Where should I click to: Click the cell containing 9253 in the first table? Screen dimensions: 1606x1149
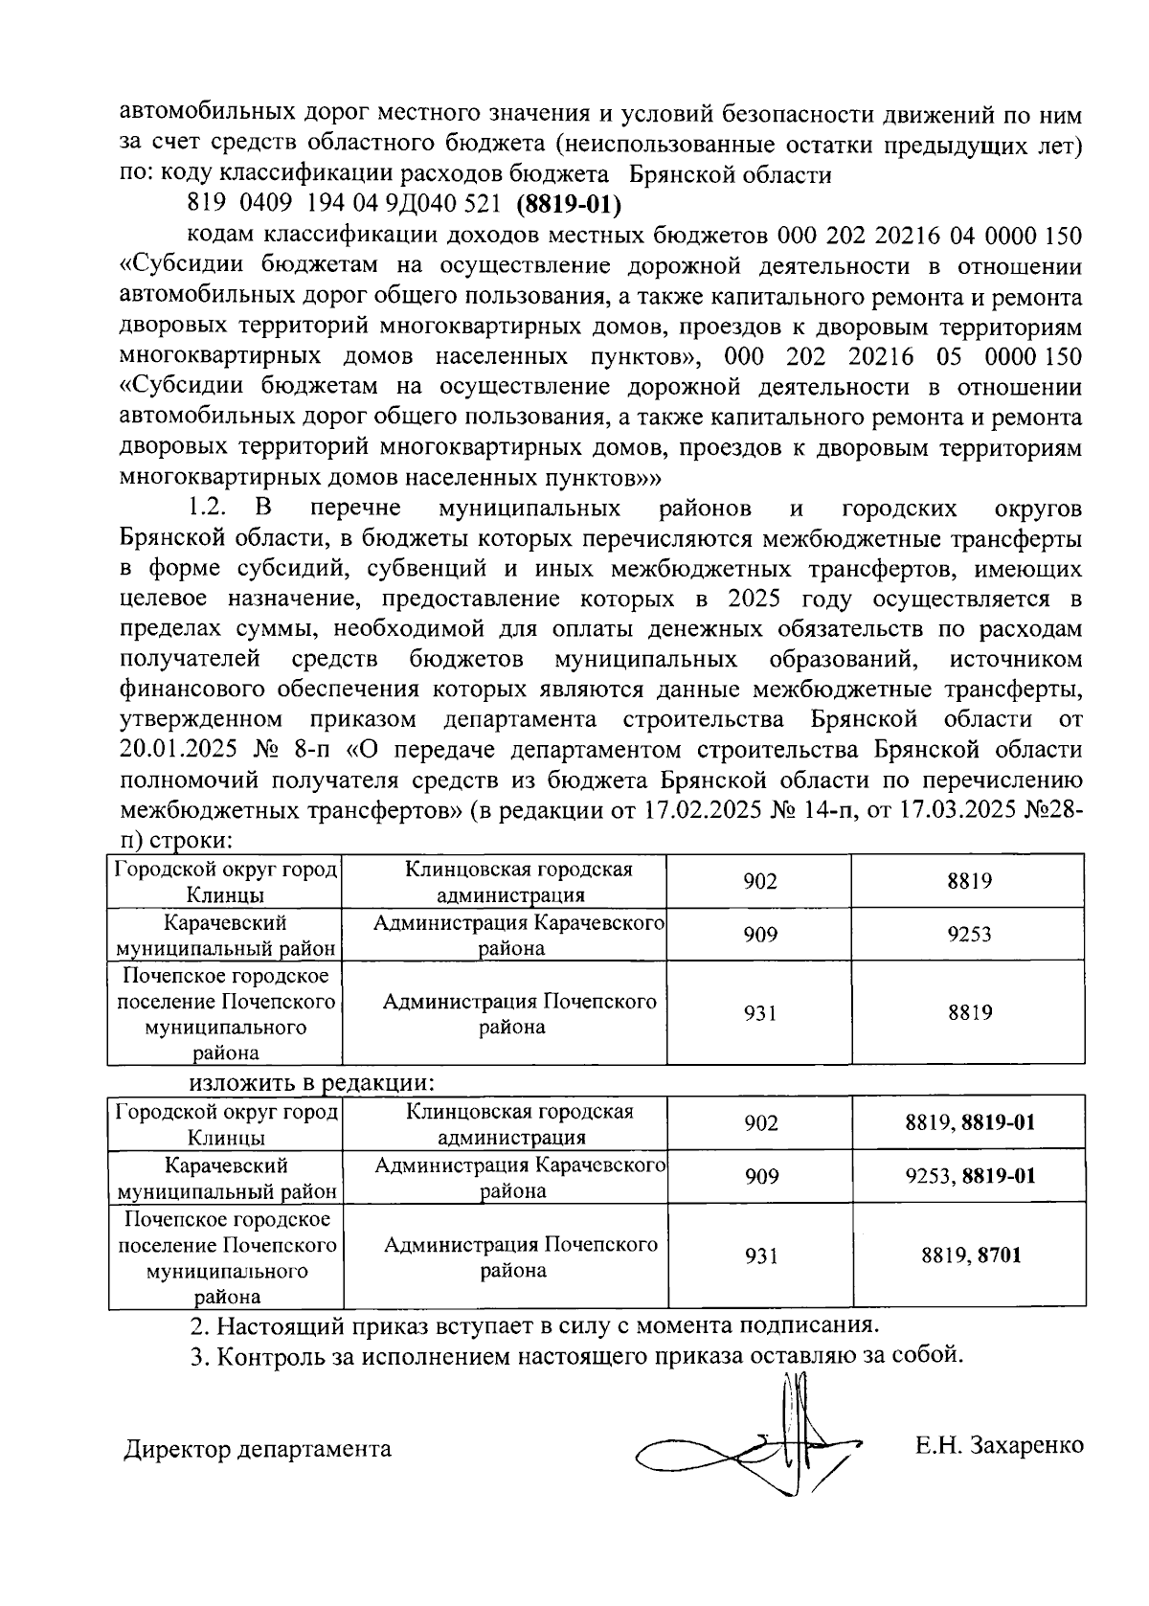(968, 935)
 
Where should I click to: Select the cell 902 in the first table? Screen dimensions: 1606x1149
(759, 881)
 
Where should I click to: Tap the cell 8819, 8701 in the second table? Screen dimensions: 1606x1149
(970, 1255)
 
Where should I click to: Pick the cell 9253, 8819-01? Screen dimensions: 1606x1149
(970, 1176)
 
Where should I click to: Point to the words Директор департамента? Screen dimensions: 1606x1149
(258, 1448)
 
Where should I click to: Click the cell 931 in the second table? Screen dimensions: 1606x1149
(760, 1255)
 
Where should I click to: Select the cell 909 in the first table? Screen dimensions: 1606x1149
(759, 935)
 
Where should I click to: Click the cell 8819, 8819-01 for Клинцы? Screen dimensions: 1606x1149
(970, 1122)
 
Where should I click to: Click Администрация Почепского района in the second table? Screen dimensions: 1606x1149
(520, 1256)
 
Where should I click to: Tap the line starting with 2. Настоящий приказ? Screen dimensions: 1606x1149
(533, 1326)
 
